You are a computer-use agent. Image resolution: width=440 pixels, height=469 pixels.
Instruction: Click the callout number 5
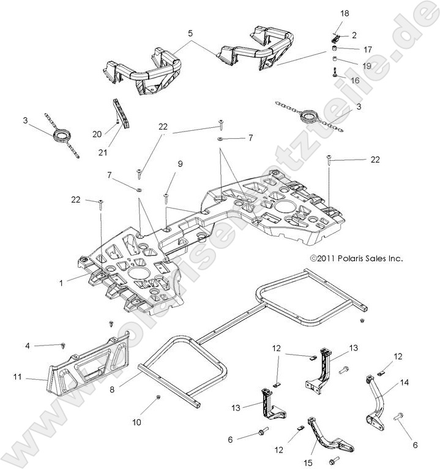tap(190, 34)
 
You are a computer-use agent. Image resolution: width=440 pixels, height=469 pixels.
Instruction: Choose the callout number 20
tap(97, 134)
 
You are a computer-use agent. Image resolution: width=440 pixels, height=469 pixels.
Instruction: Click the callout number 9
tap(180, 164)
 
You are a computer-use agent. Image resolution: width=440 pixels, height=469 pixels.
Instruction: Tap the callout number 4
tap(27, 347)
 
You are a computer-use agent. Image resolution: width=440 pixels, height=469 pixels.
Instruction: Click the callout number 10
tap(136, 422)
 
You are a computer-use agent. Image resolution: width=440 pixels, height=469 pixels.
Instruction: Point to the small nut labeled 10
tap(159, 398)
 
